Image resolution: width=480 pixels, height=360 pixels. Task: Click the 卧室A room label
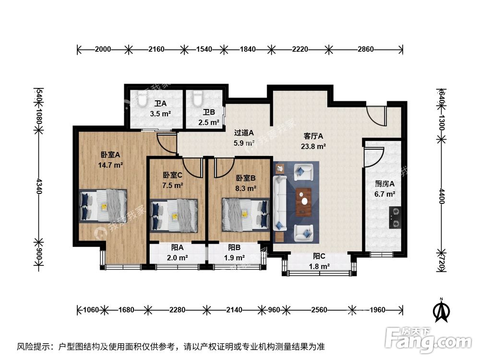110,155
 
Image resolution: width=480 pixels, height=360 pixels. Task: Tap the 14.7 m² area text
110,165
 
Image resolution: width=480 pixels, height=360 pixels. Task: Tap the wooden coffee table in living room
303,202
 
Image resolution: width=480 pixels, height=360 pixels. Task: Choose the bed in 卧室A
104,205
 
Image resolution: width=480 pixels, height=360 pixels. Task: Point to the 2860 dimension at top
365,49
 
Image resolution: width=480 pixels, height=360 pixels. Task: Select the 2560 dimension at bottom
319,310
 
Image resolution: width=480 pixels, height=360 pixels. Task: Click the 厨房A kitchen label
384,184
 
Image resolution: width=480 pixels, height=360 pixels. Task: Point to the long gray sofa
280,203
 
